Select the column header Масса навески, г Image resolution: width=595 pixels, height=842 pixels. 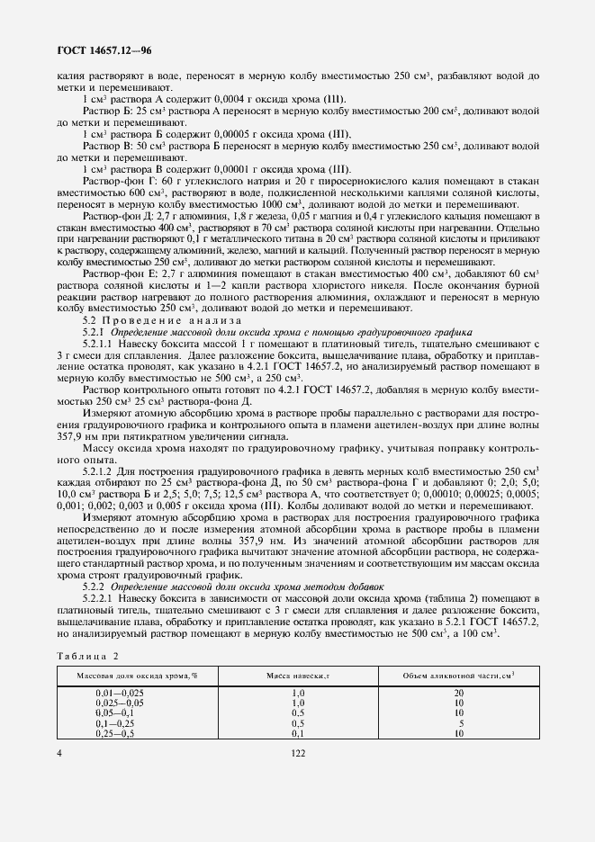299,675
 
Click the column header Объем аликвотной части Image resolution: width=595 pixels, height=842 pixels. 459,675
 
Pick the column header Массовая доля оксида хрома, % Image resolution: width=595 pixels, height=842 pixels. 137,675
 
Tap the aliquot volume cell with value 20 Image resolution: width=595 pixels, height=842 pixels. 459,691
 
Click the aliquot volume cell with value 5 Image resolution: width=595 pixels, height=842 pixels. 460,722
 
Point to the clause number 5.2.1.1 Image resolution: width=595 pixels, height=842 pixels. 97,343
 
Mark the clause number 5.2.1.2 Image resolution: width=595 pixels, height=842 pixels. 97,470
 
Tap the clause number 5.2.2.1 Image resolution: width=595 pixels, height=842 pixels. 97,598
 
